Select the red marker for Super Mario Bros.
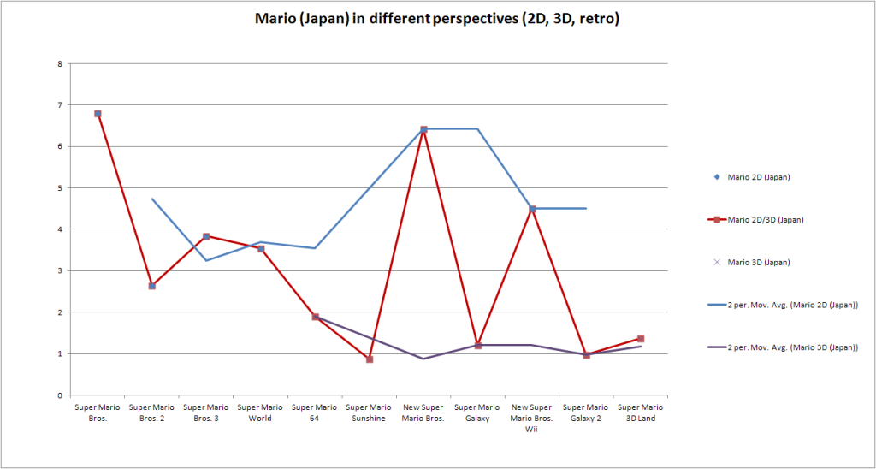click(x=98, y=114)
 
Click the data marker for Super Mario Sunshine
click(x=370, y=359)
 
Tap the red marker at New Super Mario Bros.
click(x=423, y=129)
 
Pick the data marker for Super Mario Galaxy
click(x=478, y=345)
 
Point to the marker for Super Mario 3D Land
click(x=641, y=339)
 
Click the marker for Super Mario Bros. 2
click(x=151, y=286)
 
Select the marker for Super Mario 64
click(x=315, y=317)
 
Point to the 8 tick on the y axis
click(x=59, y=63)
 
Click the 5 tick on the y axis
click(x=59, y=188)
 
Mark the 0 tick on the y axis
click(x=59, y=395)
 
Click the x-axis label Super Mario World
click(x=260, y=413)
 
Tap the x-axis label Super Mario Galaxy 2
click(x=586, y=413)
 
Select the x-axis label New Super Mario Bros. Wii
click(x=532, y=418)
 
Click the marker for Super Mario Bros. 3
click(x=206, y=236)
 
